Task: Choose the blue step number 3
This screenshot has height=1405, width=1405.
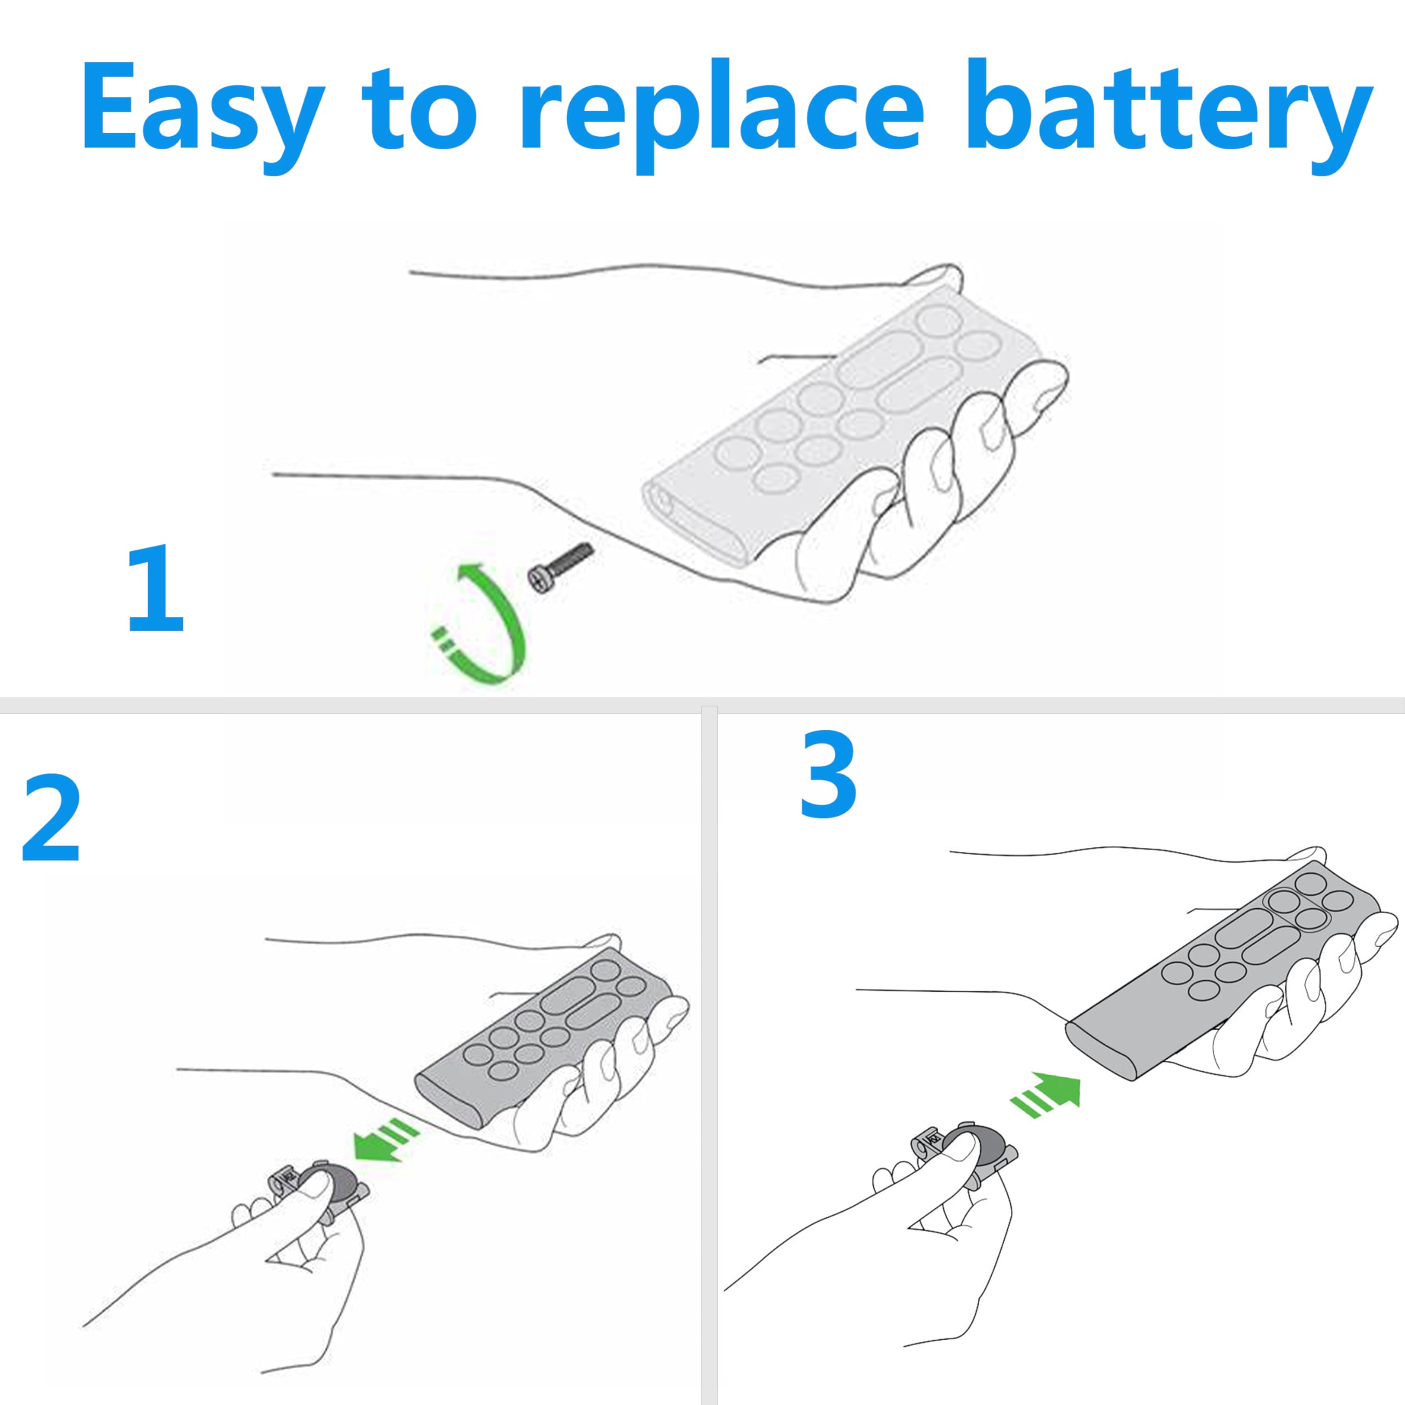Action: (x=828, y=773)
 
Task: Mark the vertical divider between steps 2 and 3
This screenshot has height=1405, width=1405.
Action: (x=709, y=1054)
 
